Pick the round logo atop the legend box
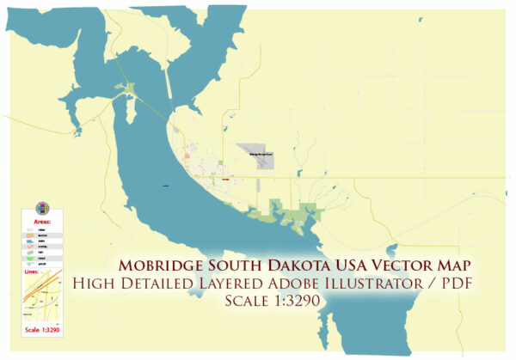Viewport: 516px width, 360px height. pos(41,209)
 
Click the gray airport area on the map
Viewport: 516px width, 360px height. pos(257,156)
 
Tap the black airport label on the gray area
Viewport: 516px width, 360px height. pos(260,154)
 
